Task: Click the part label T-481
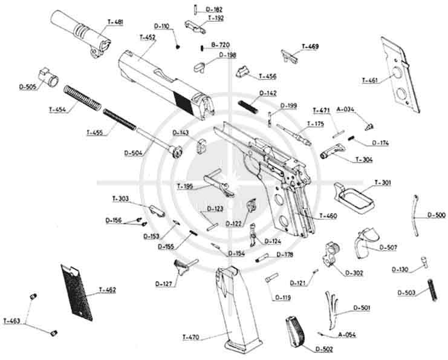(x=114, y=22)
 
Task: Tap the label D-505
(x=28, y=87)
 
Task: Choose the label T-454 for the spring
(x=58, y=110)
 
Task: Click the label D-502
(x=323, y=349)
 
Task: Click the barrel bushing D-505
(x=47, y=76)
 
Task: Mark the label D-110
(x=161, y=27)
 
